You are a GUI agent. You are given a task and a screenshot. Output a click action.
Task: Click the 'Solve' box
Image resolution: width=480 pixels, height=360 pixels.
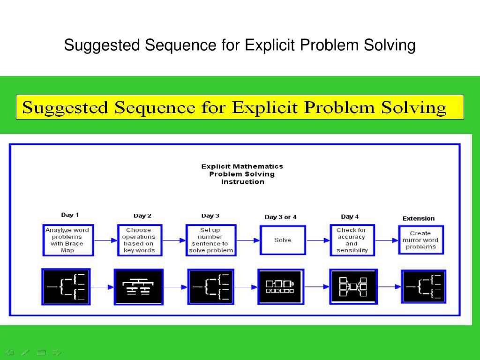pos(283,240)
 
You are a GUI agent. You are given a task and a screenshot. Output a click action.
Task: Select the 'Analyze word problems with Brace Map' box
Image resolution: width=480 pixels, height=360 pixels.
pos(67,240)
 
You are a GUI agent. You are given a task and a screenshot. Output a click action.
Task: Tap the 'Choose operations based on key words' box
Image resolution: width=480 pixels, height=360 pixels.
pos(139,240)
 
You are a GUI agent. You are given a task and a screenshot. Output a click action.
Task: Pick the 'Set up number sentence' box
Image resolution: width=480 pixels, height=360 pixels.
pos(210,240)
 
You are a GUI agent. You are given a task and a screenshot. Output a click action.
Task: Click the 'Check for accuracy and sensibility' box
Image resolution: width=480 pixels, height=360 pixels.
pos(352,240)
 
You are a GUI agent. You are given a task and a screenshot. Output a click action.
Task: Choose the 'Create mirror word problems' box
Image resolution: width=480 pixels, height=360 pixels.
pos(420,240)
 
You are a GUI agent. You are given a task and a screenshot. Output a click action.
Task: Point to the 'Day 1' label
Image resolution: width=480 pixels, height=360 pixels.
pos(70,215)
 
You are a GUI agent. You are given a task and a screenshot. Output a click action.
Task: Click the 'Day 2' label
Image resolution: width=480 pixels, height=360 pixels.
pos(142,216)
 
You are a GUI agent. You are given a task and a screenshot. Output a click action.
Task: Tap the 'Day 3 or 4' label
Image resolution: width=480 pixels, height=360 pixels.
pos(280,217)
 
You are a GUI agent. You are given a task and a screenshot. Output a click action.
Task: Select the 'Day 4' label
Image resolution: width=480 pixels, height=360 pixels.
pos(350,217)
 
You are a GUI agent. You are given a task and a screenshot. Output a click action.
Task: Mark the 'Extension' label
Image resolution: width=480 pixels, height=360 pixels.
pos(418,218)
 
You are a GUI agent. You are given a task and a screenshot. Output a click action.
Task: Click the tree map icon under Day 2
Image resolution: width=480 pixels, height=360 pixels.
pos(139,286)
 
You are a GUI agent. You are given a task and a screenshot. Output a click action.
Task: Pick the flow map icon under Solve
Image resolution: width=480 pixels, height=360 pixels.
pos(280,286)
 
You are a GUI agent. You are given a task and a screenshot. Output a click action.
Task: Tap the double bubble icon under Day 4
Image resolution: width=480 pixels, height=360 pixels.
pos(353,286)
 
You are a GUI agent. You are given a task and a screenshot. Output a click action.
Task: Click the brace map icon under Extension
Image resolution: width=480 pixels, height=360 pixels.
pos(423,286)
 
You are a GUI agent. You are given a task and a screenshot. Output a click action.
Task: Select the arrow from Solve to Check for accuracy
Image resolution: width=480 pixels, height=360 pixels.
pos(318,240)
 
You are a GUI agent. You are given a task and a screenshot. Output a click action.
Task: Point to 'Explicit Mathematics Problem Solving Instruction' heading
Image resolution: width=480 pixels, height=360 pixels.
pos(242,174)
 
